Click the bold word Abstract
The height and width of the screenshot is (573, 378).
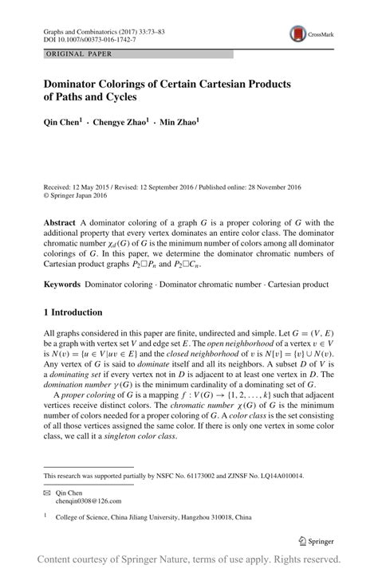click(61, 223)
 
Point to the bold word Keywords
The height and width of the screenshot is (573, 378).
click(64, 284)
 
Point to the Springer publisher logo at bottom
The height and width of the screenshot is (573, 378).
click(314, 541)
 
